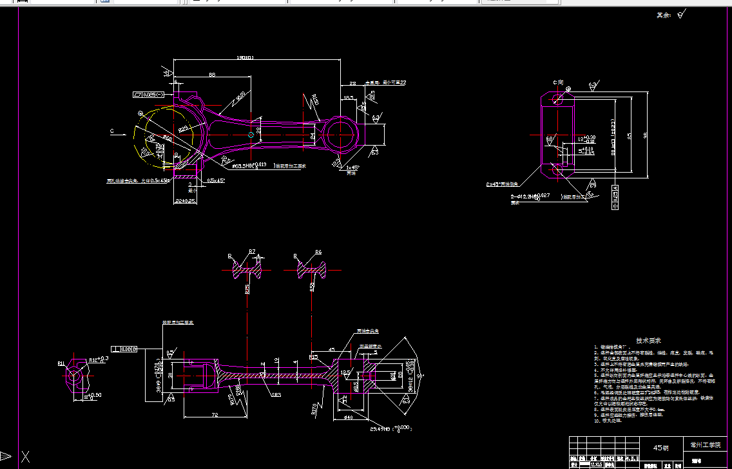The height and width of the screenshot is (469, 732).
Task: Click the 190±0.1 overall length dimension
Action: pyautogui.click(x=246, y=58)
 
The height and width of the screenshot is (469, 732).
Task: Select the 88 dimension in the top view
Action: pyautogui.click(x=212, y=75)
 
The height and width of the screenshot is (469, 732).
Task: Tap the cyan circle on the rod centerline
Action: pyautogui.click(x=251, y=135)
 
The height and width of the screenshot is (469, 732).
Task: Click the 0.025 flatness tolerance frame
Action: pyautogui.click(x=148, y=95)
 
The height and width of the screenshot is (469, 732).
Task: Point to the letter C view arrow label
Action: pyautogui.click(x=112, y=131)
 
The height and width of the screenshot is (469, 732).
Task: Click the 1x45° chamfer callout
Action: pyautogui.click(x=352, y=167)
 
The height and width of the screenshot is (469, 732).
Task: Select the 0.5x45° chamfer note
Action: pyautogui.click(x=216, y=180)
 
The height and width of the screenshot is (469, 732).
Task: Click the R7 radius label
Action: pyautogui.click(x=252, y=251)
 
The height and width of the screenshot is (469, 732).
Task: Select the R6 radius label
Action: pyautogui.click(x=318, y=251)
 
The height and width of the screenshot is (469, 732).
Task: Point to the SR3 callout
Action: pyautogui.click(x=276, y=395)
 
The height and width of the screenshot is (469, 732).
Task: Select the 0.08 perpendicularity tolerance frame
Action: pyautogui.click(x=126, y=349)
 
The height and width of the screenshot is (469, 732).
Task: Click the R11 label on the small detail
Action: pyautogui.click(x=61, y=363)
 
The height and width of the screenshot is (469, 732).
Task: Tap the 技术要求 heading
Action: pyautogui.click(x=648, y=340)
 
